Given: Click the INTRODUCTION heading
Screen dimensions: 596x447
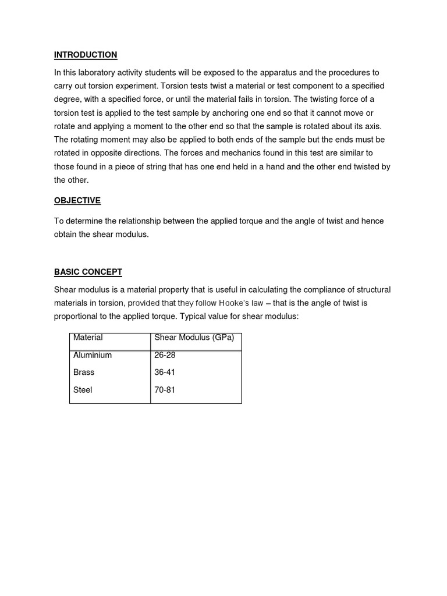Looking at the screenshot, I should pyautogui.click(x=86, y=55).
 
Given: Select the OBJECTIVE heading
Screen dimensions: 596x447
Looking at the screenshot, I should pyautogui.click(x=77, y=201).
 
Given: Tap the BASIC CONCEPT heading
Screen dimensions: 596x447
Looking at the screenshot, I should pyautogui.click(x=88, y=272).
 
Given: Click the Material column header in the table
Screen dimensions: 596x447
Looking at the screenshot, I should pyautogui.click(x=88, y=338).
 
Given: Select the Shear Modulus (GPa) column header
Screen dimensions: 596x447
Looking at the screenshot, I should pyautogui.click(x=194, y=338).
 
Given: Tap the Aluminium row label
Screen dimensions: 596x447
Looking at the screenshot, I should pyautogui.click(x=93, y=355).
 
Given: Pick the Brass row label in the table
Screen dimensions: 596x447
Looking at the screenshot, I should pyautogui.click(x=84, y=372).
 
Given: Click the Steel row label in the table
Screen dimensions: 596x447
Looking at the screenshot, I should pyautogui.click(x=83, y=390).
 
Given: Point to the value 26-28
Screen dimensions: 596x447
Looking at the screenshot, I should pyautogui.click(x=165, y=355).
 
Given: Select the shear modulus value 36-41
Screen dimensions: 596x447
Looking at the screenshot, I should pyautogui.click(x=165, y=372).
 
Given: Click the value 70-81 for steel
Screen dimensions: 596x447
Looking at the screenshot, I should pyautogui.click(x=165, y=390).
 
